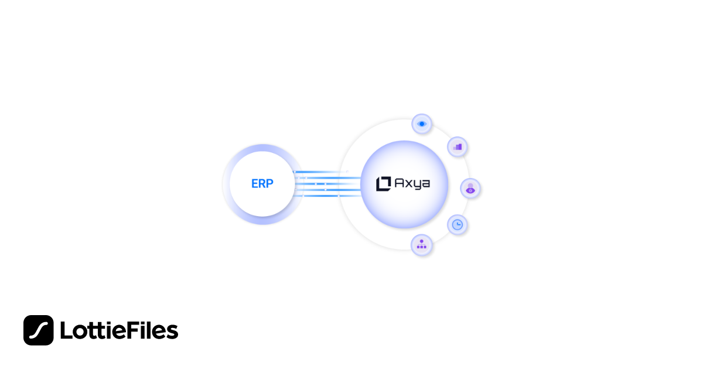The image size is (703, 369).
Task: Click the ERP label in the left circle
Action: [262, 183]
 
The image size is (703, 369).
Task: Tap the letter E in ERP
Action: [255, 183]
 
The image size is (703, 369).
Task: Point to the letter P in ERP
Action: [270, 183]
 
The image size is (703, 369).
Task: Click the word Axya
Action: [412, 183]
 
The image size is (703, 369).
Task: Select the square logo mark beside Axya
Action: [383, 183]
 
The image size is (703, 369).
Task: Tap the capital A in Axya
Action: [400, 183]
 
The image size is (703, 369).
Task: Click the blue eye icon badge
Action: [422, 124]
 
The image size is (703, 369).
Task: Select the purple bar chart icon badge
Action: [458, 146]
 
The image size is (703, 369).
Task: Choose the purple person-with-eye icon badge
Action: [470, 188]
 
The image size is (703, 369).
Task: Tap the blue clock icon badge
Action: [458, 224]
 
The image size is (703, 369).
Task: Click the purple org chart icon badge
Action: [422, 245]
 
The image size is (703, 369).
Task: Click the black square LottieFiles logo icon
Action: [39, 330]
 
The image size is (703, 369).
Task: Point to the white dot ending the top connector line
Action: [347, 172]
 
